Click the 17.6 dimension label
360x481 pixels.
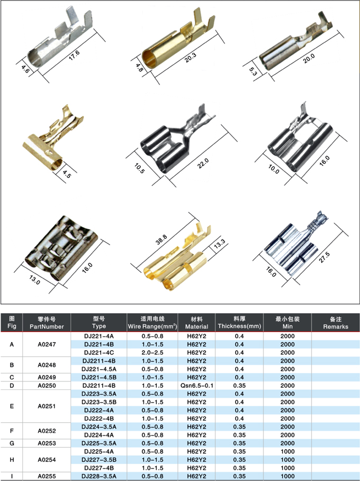tap(74, 55)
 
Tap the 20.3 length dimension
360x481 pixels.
tap(191, 58)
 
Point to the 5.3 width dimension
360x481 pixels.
tap(253, 72)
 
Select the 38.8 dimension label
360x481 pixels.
tap(161, 240)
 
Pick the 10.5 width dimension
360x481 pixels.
tap(139, 168)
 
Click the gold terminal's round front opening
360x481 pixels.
tap(149, 59)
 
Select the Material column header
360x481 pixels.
tap(196, 323)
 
